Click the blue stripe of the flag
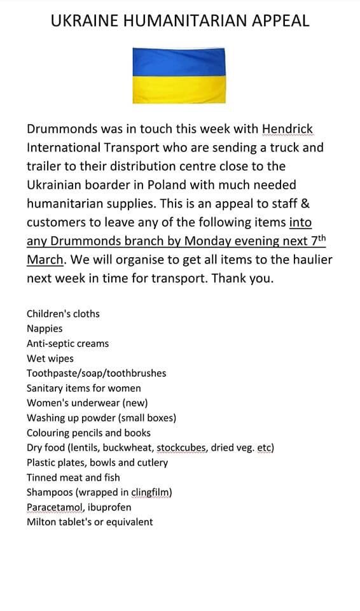[179, 62]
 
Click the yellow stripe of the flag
[179, 89]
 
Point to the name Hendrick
[287, 129]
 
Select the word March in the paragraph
[45, 260]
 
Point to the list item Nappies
[45, 328]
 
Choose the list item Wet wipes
[50, 358]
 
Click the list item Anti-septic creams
[67, 344]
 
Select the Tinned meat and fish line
[73, 477]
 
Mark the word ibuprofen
[110, 507]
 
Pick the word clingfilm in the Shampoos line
[151, 492]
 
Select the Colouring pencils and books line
[88, 433]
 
